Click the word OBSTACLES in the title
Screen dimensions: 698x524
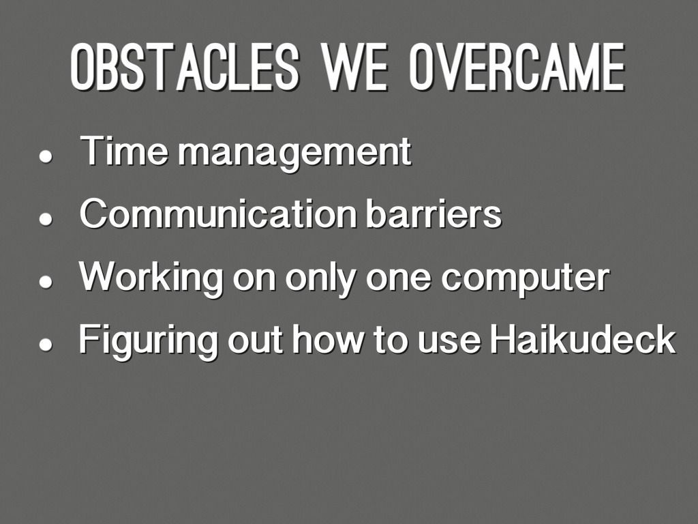(x=184, y=68)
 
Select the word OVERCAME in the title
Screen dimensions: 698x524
(x=518, y=68)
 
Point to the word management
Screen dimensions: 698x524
(x=295, y=154)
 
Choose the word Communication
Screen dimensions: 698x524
(x=219, y=214)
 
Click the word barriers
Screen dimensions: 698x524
(x=434, y=214)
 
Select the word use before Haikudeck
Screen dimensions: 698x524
(x=450, y=343)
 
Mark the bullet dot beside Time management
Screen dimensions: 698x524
(x=46, y=157)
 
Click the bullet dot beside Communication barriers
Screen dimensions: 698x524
(x=46, y=219)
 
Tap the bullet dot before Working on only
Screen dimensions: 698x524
(x=46, y=282)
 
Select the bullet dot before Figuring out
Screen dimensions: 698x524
(x=46, y=345)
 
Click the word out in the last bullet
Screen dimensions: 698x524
(x=255, y=341)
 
